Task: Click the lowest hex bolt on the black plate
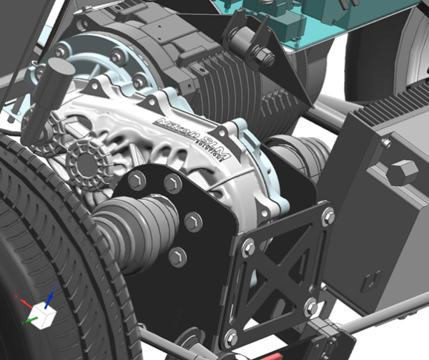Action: pyautogui.click(x=178, y=256)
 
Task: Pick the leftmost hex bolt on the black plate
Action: pyautogui.click(x=137, y=180)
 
